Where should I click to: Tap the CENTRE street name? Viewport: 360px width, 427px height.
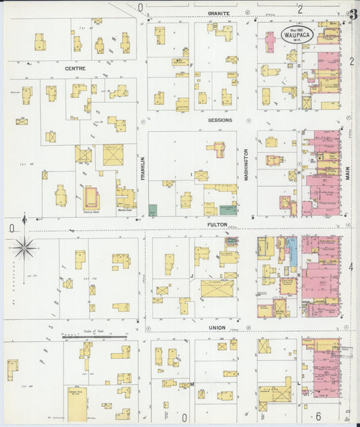[75, 69]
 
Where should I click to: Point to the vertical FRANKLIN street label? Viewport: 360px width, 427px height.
[143, 168]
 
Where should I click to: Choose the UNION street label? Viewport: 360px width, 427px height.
[216, 327]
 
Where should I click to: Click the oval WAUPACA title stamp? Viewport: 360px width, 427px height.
[297, 35]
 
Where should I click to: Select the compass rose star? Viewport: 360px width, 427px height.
[24, 248]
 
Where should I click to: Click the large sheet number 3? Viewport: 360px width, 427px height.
[353, 15]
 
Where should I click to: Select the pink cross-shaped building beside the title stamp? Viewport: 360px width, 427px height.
[270, 42]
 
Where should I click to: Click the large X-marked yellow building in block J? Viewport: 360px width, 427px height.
[217, 289]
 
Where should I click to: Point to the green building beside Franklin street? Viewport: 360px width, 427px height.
[153, 210]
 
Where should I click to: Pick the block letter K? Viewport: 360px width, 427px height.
[299, 275]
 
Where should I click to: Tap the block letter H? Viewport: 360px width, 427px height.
[298, 172]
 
